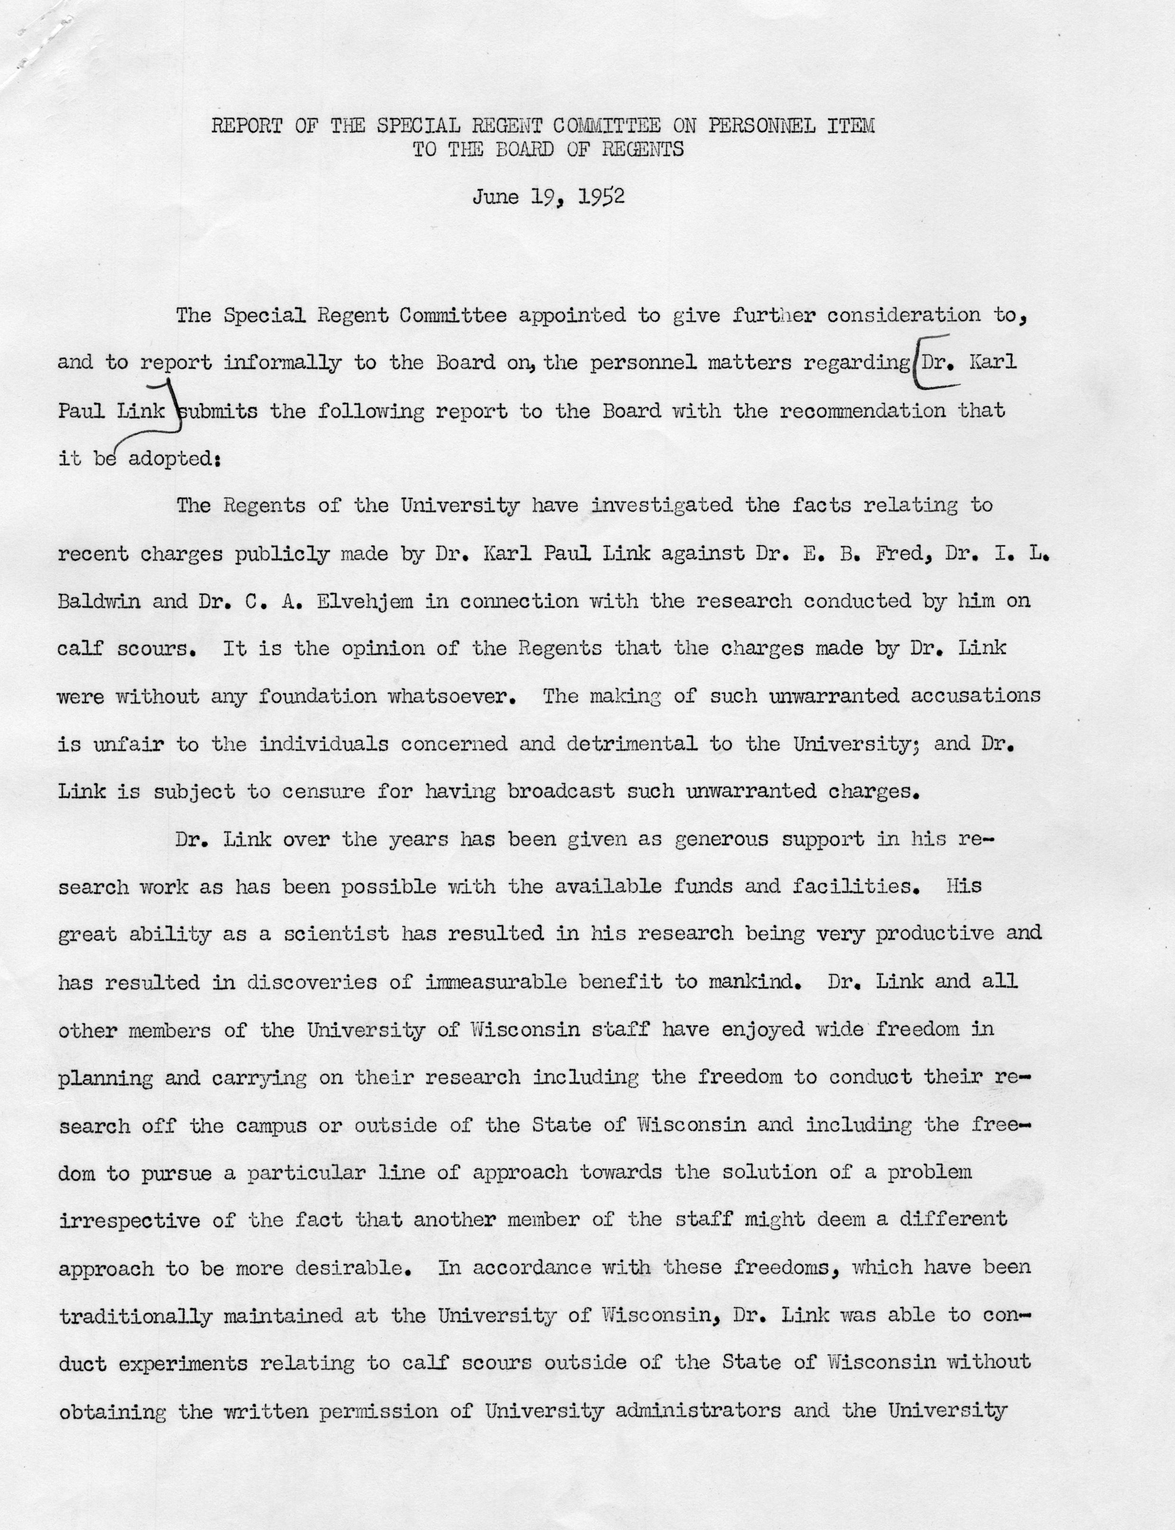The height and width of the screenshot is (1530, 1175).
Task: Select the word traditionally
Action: pyautogui.click(x=135, y=1316)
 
